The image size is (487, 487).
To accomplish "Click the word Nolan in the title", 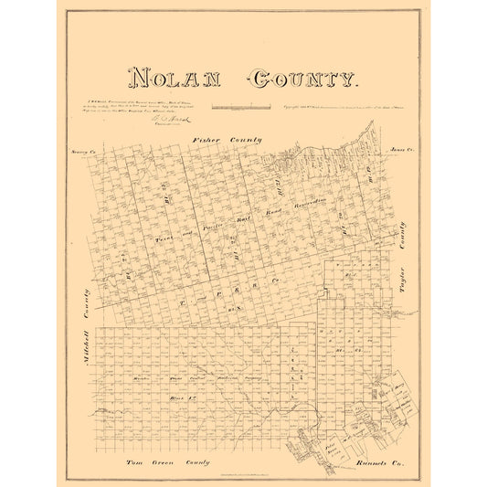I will (x=174, y=79).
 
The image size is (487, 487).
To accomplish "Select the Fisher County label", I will (x=227, y=140).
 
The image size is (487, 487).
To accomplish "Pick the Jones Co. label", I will (x=395, y=148).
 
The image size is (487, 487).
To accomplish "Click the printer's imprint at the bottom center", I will (x=243, y=472).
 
